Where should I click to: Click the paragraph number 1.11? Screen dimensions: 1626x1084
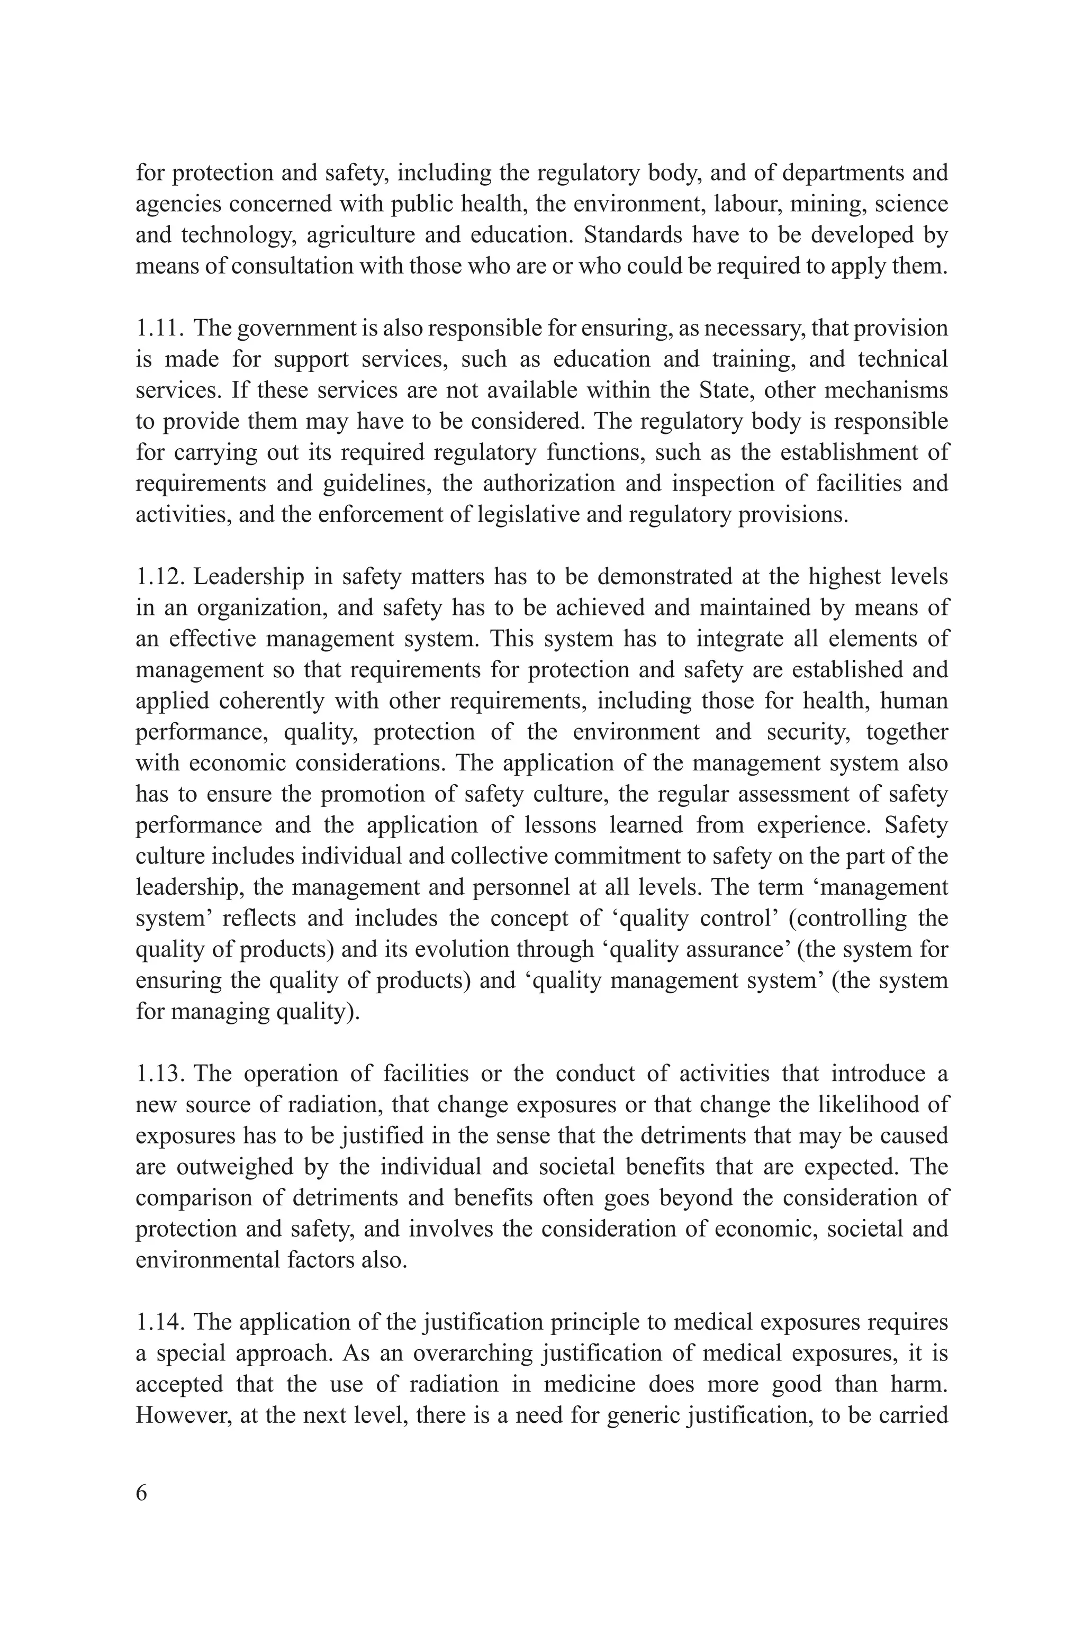[159, 328]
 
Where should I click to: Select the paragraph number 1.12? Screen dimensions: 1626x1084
[159, 577]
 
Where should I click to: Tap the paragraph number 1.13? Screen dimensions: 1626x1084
[159, 1073]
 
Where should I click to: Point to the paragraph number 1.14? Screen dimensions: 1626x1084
[159, 1322]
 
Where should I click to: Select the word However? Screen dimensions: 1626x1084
[181, 1415]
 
